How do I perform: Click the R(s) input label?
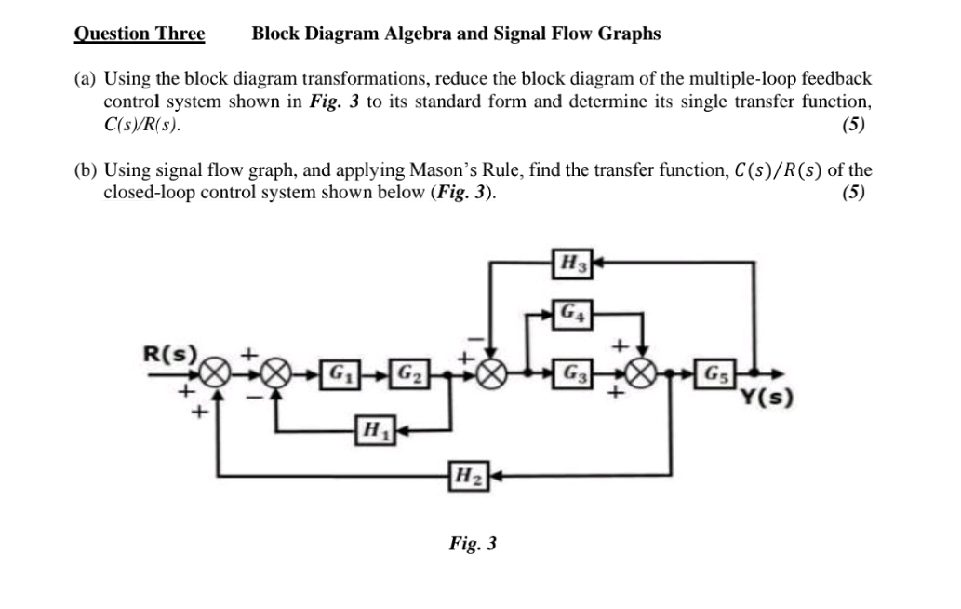[x=170, y=355]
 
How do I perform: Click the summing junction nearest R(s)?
[x=217, y=374]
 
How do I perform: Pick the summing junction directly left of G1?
[x=275, y=374]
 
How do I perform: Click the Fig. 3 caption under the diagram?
[x=473, y=544]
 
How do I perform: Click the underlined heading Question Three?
[x=140, y=34]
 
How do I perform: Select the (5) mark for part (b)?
[x=851, y=194]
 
